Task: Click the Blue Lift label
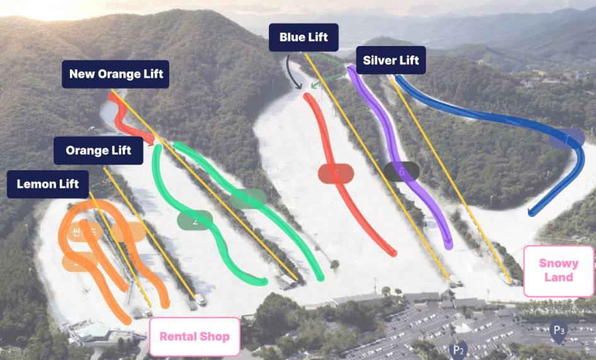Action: click(303, 38)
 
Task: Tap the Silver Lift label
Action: click(391, 61)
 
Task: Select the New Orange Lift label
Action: click(116, 74)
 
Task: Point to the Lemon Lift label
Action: click(48, 184)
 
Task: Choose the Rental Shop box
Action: click(195, 336)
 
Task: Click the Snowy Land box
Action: click(558, 270)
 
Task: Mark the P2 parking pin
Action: click(459, 349)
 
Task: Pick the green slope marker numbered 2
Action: click(195, 221)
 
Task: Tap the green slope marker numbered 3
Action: click(248, 199)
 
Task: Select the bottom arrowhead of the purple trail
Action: click(448, 245)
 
